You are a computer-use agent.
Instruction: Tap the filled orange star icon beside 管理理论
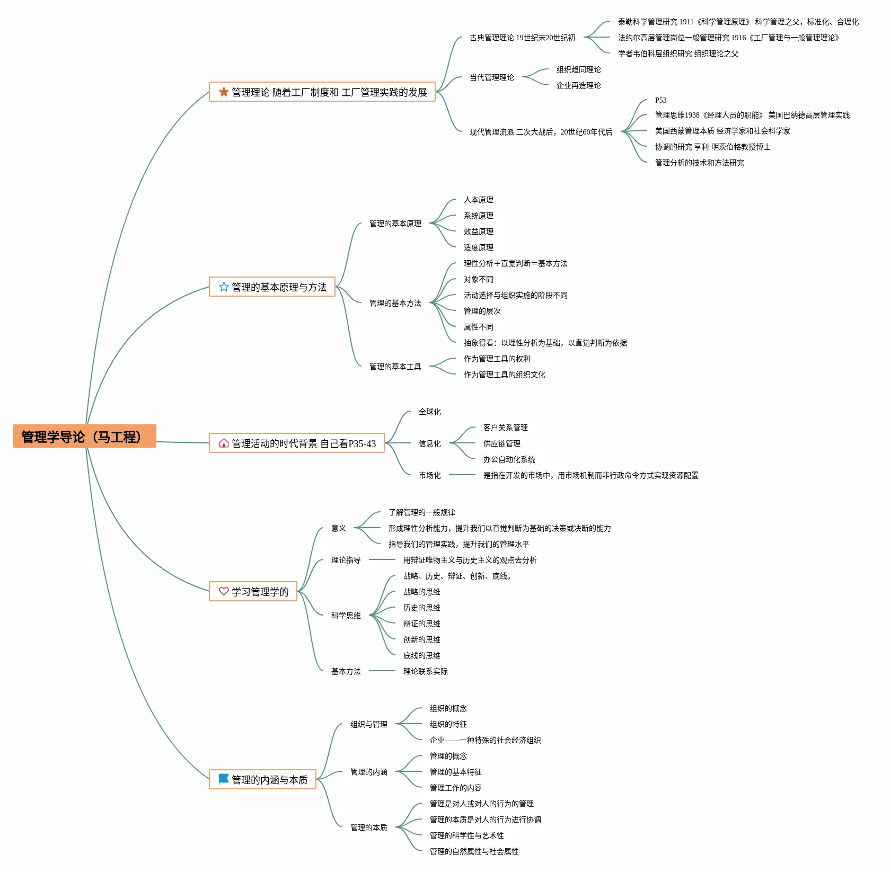click(224, 92)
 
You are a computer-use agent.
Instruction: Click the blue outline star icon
click(224, 287)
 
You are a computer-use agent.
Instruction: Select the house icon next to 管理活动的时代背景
click(224, 443)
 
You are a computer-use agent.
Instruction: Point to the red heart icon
click(224, 591)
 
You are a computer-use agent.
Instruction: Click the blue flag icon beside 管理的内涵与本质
click(224, 779)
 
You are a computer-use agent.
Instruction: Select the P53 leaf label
click(660, 100)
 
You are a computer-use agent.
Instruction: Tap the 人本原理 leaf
click(479, 200)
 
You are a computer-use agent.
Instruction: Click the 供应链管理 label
click(502, 443)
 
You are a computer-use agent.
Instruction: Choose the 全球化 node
click(430, 412)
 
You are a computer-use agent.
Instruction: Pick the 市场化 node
click(430, 475)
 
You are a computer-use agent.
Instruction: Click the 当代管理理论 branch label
click(492, 77)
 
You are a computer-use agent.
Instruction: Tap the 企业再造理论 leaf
click(579, 85)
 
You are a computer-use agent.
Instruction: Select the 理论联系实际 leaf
click(426, 671)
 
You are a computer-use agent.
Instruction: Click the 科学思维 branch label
click(346, 616)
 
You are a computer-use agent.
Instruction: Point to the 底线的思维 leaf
click(422, 655)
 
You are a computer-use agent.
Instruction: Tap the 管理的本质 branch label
click(369, 827)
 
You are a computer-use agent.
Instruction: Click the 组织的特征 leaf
click(448, 724)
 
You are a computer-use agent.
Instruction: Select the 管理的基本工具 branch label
click(395, 367)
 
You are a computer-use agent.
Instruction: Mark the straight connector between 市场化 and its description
click(462, 475)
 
